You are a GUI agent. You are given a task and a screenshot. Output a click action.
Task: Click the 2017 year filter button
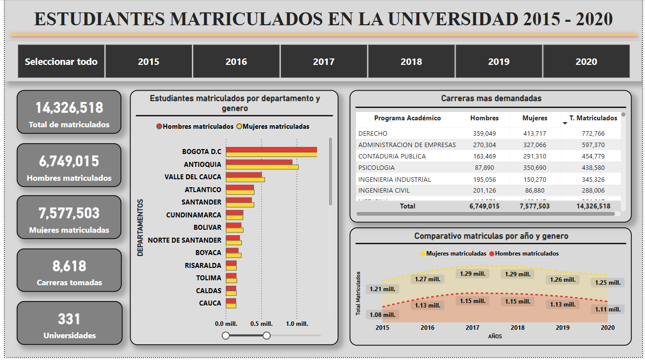pyautogui.click(x=324, y=61)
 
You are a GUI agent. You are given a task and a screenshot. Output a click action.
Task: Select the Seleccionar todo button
pyautogui.click(x=61, y=61)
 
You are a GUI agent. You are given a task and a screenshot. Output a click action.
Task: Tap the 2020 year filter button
pyautogui.click(x=586, y=61)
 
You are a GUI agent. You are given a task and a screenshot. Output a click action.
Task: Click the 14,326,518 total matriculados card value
pyautogui.click(x=69, y=108)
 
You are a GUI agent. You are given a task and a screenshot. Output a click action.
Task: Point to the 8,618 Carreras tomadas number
pyautogui.click(x=69, y=266)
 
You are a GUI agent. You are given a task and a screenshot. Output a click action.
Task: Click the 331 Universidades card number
pyautogui.click(x=69, y=319)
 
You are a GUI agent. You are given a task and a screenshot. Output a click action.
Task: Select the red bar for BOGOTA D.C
pyautogui.click(x=271, y=150)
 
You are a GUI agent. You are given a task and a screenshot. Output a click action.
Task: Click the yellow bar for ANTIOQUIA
pyautogui.click(x=262, y=167)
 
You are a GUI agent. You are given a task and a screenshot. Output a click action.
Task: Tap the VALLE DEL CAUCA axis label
pyautogui.click(x=193, y=177)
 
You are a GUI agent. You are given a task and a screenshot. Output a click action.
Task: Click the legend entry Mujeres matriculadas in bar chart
pyautogui.click(x=276, y=126)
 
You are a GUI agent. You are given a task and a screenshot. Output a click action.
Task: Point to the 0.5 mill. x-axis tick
pyautogui.click(x=261, y=323)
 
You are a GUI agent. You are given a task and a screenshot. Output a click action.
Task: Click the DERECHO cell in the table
pyautogui.click(x=373, y=133)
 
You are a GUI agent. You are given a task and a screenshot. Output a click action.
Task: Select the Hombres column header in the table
pyautogui.click(x=484, y=118)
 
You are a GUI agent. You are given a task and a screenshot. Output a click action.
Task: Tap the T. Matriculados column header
pyautogui.click(x=593, y=118)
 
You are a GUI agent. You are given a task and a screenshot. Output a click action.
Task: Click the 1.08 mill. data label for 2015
pyautogui.click(x=382, y=314)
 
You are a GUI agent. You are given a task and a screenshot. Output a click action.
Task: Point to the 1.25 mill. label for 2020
pyautogui.click(x=607, y=283)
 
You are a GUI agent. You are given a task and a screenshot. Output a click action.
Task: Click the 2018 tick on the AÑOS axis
pyautogui.click(x=518, y=327)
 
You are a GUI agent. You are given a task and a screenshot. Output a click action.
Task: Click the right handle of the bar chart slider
pyautogui.click(x=266, y=336)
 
